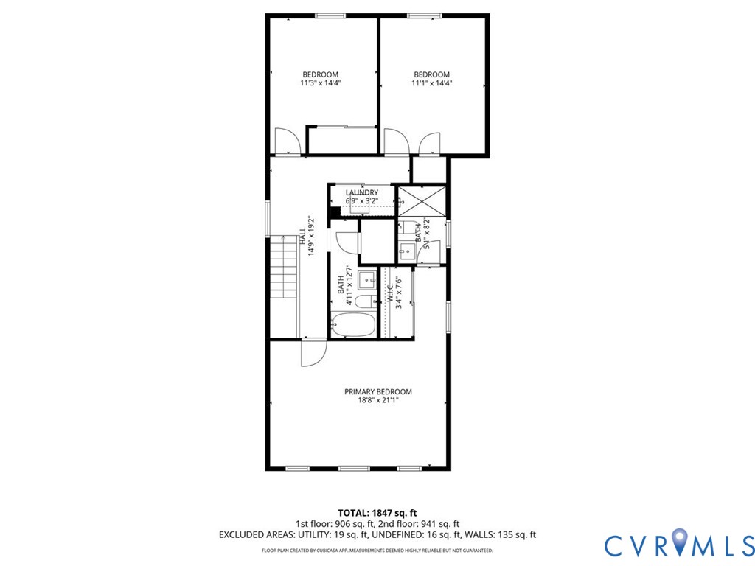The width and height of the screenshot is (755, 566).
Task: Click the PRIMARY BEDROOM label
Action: point(378,392)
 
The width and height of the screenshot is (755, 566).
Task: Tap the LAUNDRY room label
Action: point(361,192)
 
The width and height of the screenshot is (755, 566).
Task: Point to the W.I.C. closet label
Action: point(389,292)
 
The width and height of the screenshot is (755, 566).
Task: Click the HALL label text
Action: point(302,237)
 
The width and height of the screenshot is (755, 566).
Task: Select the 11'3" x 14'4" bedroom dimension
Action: point(320,83)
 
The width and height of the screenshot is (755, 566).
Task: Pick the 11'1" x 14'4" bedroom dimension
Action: point(432,83)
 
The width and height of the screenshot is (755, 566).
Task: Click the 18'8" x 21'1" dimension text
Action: point(378,400)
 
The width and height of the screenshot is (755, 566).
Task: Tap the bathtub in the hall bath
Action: point(353,325)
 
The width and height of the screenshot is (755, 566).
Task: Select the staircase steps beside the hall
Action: point(284,267)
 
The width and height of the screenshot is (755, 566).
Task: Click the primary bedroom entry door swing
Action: point(314,353)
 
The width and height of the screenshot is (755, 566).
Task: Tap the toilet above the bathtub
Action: point(366,301)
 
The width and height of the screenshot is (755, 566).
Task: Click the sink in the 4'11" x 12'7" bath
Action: point(367,279)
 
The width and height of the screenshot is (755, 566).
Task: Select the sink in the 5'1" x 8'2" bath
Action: point(407,251)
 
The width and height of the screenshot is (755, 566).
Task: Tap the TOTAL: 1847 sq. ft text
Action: point(377,513)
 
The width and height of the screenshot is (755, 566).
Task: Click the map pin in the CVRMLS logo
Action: point(679,540)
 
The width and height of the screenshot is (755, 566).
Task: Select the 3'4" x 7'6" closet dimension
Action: point(398,292)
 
